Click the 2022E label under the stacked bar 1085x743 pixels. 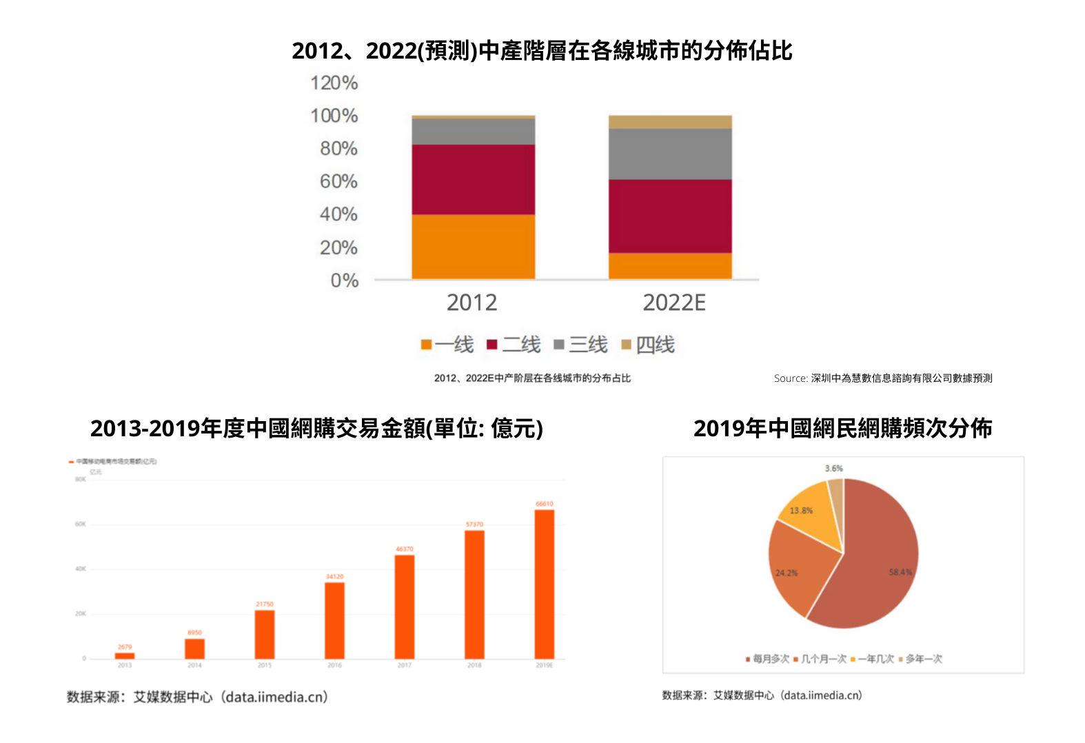(673, 303)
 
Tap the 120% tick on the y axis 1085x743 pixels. (334, 83)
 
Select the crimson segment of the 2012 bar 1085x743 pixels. (473, 179)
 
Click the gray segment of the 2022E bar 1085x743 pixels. (670, 154)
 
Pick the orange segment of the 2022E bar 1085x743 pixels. (670, 265)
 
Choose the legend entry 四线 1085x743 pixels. (648, 345)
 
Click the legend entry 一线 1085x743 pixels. (447, 345)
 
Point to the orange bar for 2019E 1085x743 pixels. (544, 584)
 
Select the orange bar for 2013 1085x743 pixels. (125, 655)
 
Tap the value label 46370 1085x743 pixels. (405, 549)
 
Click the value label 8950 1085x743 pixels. (194, 633)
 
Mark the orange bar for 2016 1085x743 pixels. (334, 620)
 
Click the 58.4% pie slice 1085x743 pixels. (875, 565)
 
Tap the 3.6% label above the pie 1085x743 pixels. (833, 469)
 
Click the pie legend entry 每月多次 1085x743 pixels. (767, 659)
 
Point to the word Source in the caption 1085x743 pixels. (790, 378)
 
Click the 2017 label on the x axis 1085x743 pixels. (405, 665)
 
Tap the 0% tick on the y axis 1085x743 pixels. (344, 281)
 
